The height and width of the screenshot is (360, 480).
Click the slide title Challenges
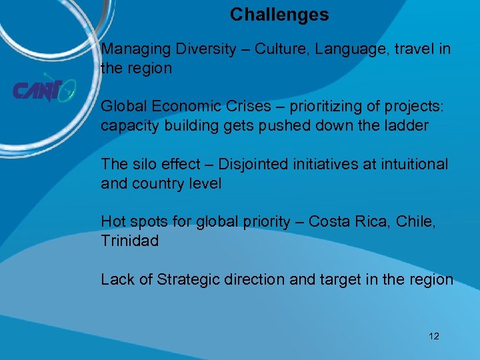click(x=279, y=15)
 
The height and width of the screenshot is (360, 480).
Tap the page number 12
click(x=434, y=336)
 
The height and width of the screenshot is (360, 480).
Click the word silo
click(x=145, y=164)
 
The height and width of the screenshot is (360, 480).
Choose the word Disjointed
click(x=251, y=164)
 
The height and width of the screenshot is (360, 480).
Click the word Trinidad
click(x=130, y=241)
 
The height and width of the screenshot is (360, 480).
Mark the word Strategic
click(x=189, y=279)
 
